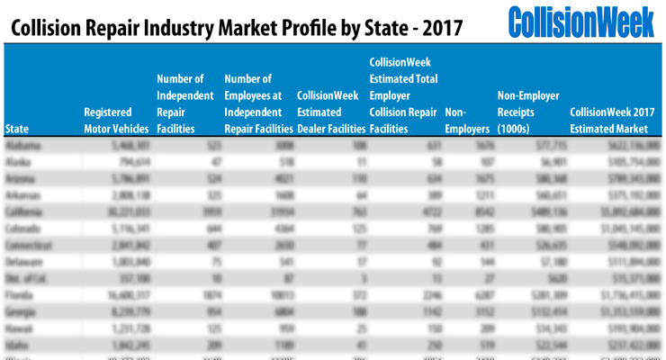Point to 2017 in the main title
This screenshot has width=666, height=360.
pos(440,28)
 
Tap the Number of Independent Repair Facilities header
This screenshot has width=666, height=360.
pos(184,103)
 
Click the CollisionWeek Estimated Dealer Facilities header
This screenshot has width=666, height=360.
pos(328,112)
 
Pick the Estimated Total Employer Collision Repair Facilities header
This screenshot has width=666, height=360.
pos(403,94)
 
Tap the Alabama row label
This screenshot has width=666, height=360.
pos(21,145)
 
